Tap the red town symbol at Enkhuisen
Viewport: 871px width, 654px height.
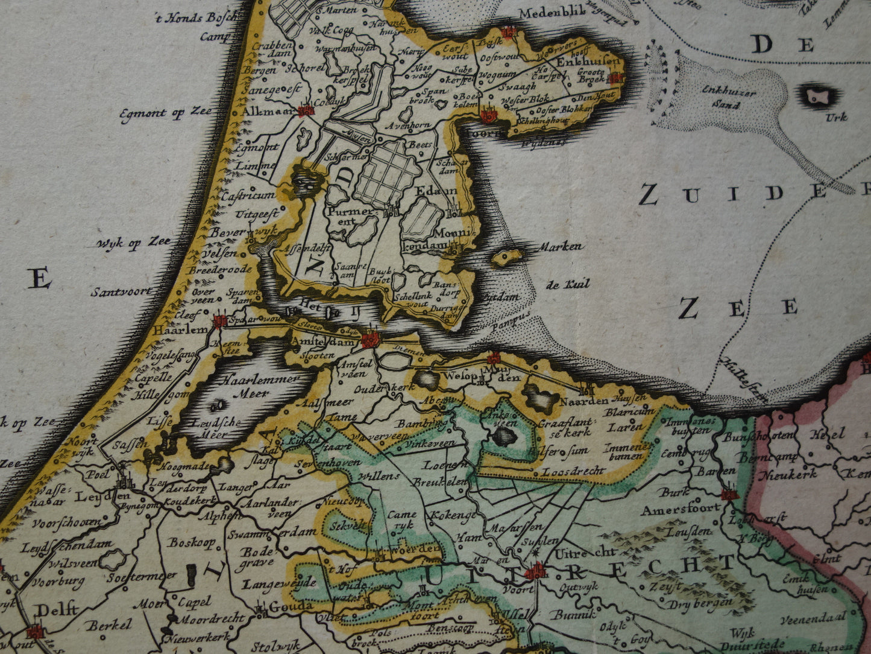tap(615, 77)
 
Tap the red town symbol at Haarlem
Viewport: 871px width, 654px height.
tap(219, 322)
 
